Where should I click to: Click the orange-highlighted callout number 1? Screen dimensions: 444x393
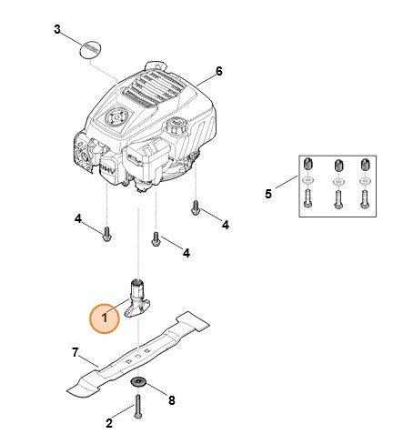pos(105,319)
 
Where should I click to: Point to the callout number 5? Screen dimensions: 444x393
pos(267,193)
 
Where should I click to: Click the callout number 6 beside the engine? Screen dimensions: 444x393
pos(218,70)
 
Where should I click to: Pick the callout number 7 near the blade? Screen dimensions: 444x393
pos(76,351)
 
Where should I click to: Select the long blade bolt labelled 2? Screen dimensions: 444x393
pos(139,405)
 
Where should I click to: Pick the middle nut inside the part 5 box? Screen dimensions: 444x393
pos(338,166)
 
